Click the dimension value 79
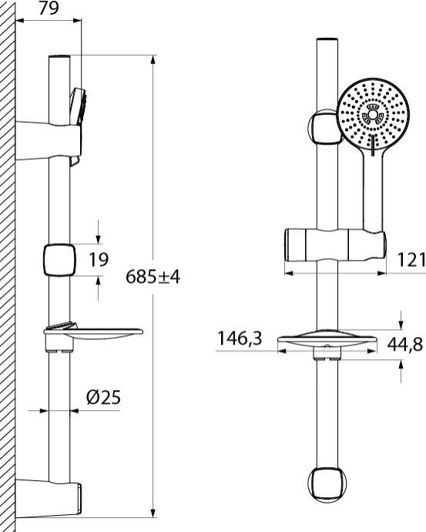pyautogui.click(x=49, y=10)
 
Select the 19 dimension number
pyautogui.click(x=98, y=260)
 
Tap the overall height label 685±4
pyautogui.click(x=153, y=277)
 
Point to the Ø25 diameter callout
pyautogui.click(x=103, y=398)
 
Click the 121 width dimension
pyautogui.click(x=412, y=261)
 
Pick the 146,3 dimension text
pyautogui.click(x=240, y=338)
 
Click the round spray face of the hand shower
pyautogui.click(x=373, y=116)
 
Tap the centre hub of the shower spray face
pyautogui.click(x=373, y=116)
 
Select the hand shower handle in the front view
pyautogui.click(x=374, y=193)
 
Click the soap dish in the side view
pyautogui.click(x=92, y=335)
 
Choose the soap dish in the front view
pyautogui.click(x=327, y=341)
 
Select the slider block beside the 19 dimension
pyautogui.click(x=59, y=260)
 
